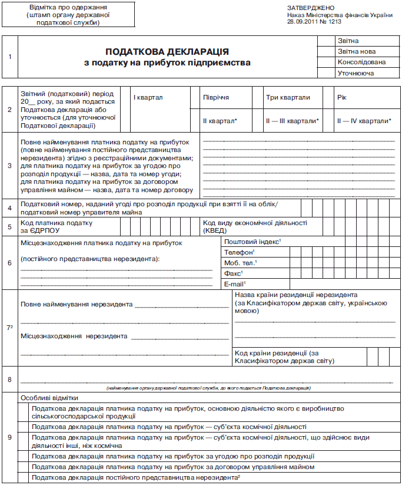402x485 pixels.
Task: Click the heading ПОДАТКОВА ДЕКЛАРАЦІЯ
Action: [x=168, y=52]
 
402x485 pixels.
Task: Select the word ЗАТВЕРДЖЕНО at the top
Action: [x=308, y=8]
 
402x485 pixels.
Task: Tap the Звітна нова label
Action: [x=356, y=52]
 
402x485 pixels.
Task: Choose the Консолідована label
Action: [x=361, y=62]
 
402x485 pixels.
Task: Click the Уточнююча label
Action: [x=356, y=74]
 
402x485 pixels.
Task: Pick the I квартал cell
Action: [x=148, y=97]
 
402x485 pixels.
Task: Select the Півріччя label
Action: [x=216, y=97]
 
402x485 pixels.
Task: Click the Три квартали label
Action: [x=288, y=97]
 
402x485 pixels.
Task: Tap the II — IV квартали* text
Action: [x=364, y=120]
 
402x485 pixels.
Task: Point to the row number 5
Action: [x=9, y=227]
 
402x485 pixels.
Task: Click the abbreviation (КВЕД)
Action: [x=215, y=231]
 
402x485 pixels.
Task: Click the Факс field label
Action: [x=234, y=273]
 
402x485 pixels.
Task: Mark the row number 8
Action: [x=9, y=378]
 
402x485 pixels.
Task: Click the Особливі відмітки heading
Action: [x=47, y=398]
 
